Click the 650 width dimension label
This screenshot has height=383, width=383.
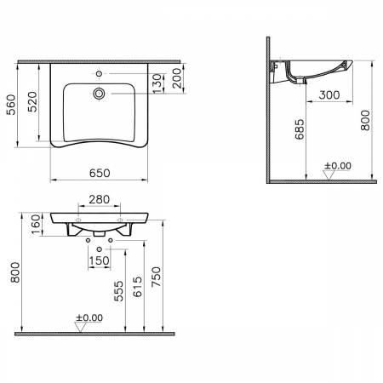(100, 173)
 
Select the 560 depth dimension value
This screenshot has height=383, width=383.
(11, 105)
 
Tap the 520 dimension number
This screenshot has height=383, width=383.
(32, 101)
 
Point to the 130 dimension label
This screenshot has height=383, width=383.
(157, 83)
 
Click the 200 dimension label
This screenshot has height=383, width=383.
(176, 78)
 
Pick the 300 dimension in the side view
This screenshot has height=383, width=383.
(329, 94)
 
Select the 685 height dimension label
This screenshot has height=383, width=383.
(300, 129)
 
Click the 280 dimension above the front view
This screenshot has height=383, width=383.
(100, 199)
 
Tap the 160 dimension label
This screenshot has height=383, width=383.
(36, 225)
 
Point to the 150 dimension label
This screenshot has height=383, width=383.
(99, 260)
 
